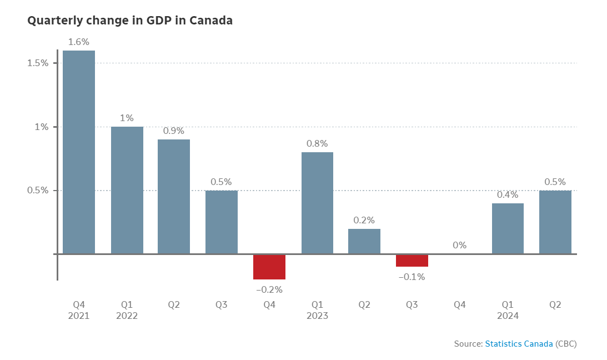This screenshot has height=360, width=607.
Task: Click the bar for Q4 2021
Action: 79,152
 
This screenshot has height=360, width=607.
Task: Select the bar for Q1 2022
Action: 127,191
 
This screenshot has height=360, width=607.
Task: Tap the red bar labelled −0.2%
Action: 269,267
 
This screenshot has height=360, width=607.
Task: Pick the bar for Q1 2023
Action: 317,203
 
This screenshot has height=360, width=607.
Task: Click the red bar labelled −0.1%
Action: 412,261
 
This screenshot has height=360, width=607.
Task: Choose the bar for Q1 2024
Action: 508,229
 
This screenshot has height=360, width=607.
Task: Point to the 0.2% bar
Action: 364,242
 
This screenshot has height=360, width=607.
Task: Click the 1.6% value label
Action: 79,42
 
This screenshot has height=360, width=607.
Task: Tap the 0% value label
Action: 459,245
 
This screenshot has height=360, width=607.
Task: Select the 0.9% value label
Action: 174,131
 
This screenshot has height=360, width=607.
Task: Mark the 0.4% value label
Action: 508,194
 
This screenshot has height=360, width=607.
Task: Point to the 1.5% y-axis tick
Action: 38,63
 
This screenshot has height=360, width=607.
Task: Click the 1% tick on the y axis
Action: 42,127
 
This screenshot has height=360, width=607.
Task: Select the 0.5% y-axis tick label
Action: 38,191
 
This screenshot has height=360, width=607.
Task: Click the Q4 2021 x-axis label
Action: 79,310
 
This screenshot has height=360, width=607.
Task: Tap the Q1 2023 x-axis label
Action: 317,310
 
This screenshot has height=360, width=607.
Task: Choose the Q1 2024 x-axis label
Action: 508,310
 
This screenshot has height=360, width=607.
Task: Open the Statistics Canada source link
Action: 519,344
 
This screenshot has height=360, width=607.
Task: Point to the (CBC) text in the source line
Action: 566,344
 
